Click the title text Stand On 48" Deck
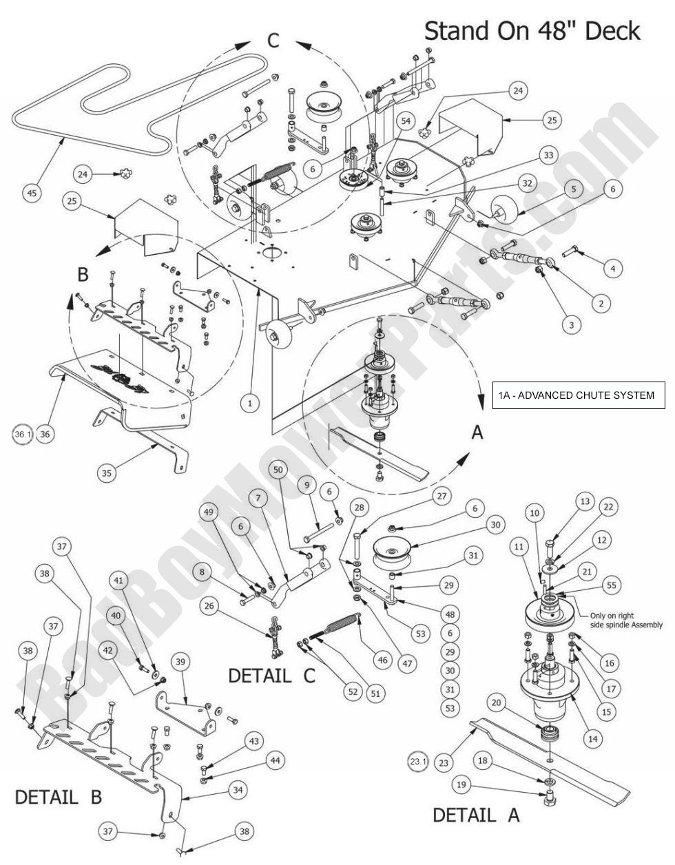coord(532,31)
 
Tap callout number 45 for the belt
coord(31,194)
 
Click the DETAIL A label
coord(475,815)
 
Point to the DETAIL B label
coord(59,797)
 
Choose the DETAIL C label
coord(271,675)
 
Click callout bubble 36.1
coord(23,434)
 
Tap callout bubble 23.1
coord(418,762)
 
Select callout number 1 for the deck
coord(250,402)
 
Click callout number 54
coord(406,121)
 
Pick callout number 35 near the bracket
coord(107,472)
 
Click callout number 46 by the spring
coord(382,660)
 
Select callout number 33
coord(548,156)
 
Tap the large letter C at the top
coord(273,41)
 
